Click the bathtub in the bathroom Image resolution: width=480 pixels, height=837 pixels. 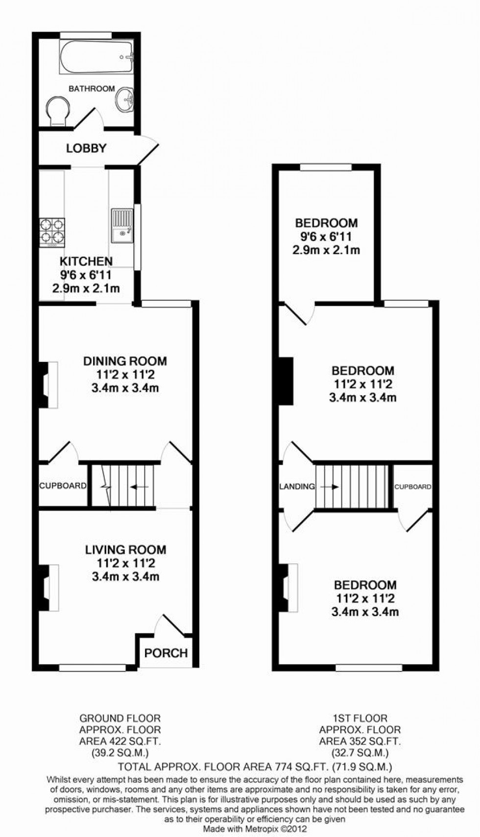(96, 57)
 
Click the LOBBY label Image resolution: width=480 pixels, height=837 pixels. (86, 148)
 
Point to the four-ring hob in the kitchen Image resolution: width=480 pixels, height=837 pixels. (52, 231)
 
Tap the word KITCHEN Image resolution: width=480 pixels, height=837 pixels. (86, 261)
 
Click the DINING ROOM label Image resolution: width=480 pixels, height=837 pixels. (125, 361)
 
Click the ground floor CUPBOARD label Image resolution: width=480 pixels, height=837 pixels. (63, 486)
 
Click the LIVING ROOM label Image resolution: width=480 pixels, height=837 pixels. (125, 550)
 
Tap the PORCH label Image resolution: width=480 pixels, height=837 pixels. (166, 653)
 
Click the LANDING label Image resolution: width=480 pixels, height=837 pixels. (297, 486)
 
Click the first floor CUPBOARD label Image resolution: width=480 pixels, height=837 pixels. (413, 487)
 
